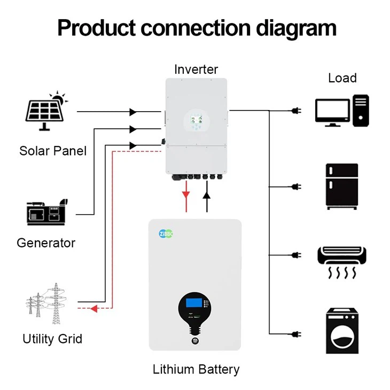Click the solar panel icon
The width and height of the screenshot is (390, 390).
click(46, 112)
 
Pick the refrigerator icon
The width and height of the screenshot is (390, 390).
click(342, 186)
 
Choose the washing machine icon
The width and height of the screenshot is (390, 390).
click(342, 331)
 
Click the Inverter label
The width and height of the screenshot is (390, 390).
click(196, 69)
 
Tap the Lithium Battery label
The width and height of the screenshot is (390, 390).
click(196, 369)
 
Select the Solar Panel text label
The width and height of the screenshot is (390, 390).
click(53, 151)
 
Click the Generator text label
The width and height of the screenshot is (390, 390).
click(46, 243)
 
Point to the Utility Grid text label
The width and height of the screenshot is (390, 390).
click(52, 339)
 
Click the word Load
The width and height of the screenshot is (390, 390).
click(342, 78)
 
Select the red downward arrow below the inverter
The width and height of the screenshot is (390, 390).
click(185, 193)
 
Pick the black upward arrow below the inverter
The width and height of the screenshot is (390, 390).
click(207, 193)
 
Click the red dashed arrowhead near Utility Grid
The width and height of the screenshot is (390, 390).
click(93, 308)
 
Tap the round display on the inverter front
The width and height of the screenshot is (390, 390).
click(196, 121)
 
